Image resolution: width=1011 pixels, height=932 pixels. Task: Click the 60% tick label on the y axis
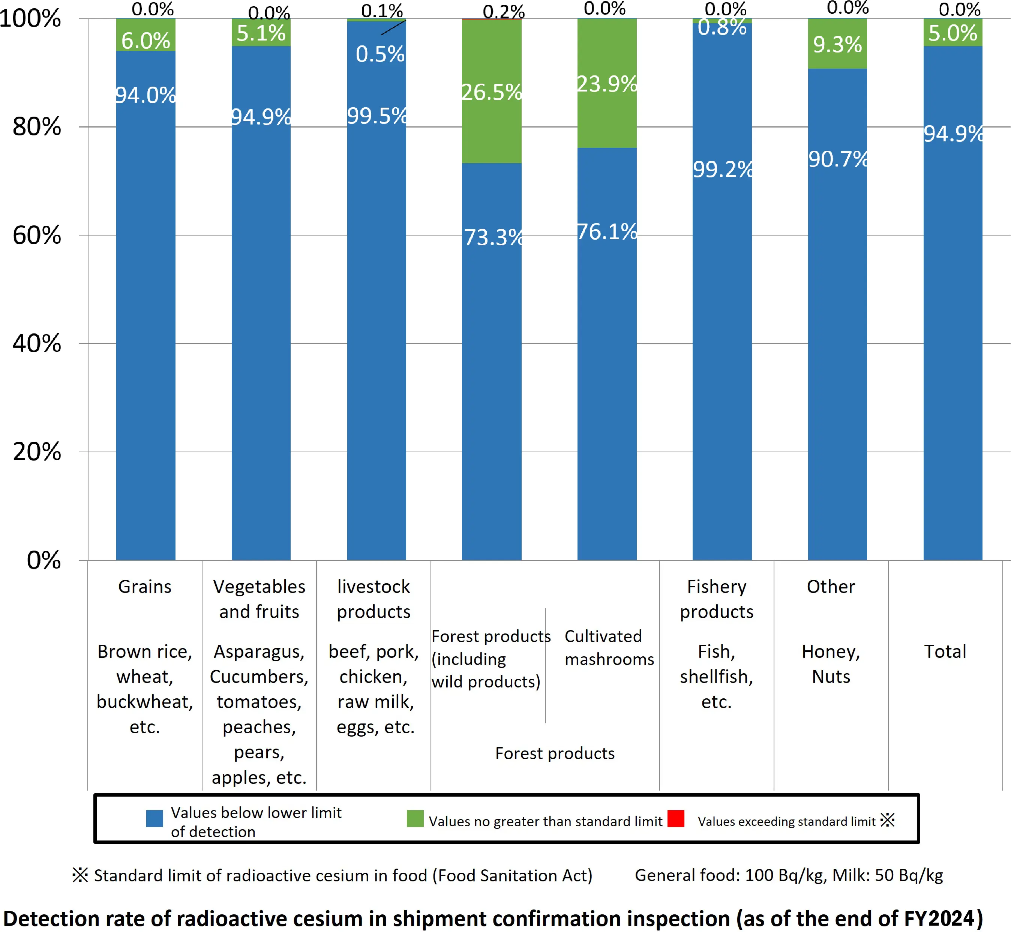click(37, 236)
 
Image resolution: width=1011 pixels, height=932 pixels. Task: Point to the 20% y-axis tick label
click(37, 452)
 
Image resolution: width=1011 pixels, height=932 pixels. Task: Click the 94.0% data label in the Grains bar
click(146, 95)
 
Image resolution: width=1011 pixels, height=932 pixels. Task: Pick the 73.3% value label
click(493, 237)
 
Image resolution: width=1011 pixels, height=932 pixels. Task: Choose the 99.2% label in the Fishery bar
click(722, 170)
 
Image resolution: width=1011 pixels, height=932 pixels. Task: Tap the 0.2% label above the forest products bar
click(503, 12)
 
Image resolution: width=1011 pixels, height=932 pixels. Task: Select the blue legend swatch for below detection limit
click(154, 818)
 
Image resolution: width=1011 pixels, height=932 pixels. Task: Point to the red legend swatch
click(676, 818)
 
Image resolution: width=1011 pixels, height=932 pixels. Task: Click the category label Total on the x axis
click(945, 651)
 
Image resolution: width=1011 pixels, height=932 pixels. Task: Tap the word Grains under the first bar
click(145, 587)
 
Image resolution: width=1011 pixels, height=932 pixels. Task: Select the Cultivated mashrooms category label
click(609, 648)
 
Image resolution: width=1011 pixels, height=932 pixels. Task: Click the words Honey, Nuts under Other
click(831, 664)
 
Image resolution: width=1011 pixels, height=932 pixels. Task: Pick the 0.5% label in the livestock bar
click(380, 54)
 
